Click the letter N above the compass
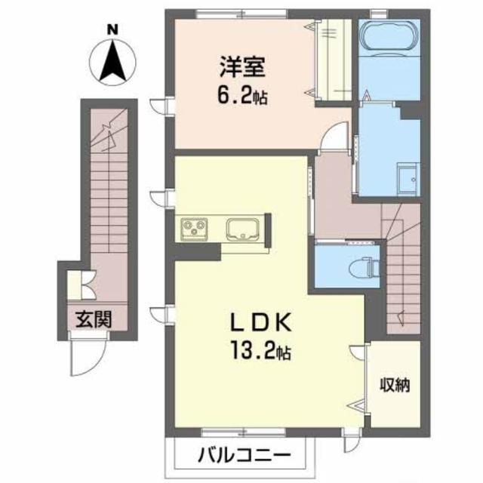pyautogui.click(x=112, y=29)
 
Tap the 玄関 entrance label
pyautogui.click(x=93, y=319)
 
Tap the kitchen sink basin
pyautogui.click(x=243, y=227)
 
